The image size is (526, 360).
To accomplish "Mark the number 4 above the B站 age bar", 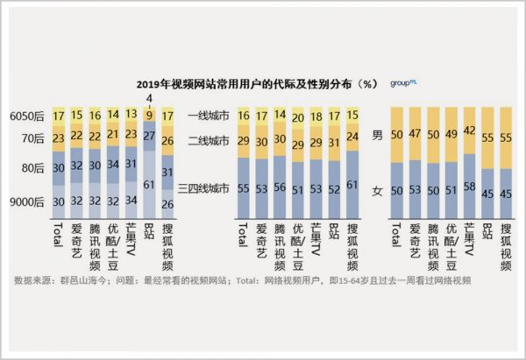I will click(x=149, y=97).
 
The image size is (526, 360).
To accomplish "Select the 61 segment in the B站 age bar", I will click(x=149, y=184).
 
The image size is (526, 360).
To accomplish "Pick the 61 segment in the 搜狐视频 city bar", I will click(x=353, y=186).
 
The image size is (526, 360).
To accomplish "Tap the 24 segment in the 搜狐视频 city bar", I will click(x=353, y=137).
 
